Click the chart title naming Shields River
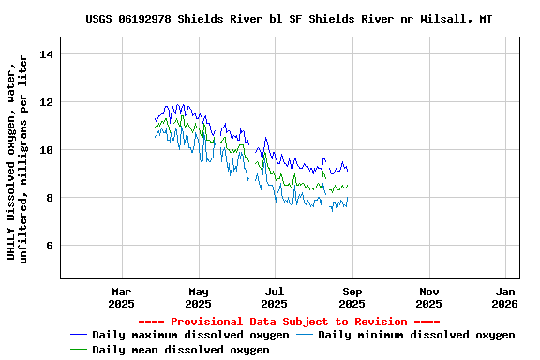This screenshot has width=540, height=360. pos(288,19)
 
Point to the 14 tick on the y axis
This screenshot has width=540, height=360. pos(47,54)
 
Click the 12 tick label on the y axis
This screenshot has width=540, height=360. pos(47,102)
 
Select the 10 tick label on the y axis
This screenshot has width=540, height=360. pos(47,150)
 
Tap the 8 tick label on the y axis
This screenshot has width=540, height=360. pos(51,198)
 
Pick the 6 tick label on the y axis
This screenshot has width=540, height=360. pos(51,246)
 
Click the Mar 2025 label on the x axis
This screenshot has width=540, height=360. pos(121,297)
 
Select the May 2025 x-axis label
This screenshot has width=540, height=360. pos(198,297)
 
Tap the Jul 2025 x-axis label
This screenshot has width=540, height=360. pos(275,297)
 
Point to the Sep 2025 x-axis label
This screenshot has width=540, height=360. pos(352,297)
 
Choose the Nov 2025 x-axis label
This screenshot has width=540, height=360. pos(428,297)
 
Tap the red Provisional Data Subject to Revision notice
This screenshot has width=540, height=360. pos(289,322)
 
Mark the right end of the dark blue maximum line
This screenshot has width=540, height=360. pos(348,171)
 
